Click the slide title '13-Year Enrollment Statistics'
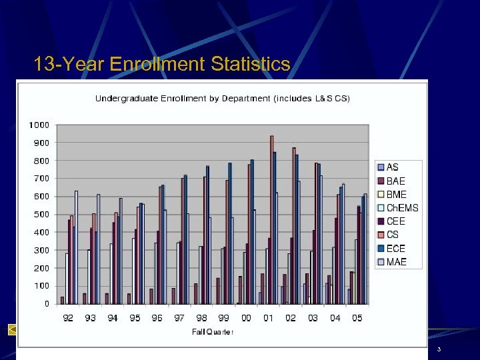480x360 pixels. [x=162, y=64]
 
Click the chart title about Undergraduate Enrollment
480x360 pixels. [x=222, y=99]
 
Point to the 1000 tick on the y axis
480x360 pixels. [x=39, y=125]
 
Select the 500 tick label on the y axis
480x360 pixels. [x=41, y=215]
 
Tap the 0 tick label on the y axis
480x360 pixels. [x=47, y=304]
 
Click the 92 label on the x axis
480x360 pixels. [x=68, y=319]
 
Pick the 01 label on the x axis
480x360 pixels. [x=268, y=319]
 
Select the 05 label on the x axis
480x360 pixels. [x=357, y=319]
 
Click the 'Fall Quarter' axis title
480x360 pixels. [x=213, y=332]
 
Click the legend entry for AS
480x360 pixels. [x=393, y=167]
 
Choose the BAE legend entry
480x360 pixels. [x=395, y=181]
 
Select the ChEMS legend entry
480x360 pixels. [x=402, y=208]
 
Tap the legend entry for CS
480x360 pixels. [x=392, y=235]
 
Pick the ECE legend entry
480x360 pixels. [x=395, y=248]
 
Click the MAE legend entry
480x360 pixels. [x=396, y=262]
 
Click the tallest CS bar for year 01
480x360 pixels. [x=272, y=220]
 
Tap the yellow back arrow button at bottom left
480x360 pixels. [x=12, y=329]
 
